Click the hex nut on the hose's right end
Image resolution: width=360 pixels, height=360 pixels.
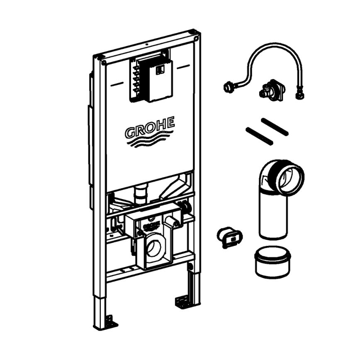click(299, 96)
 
